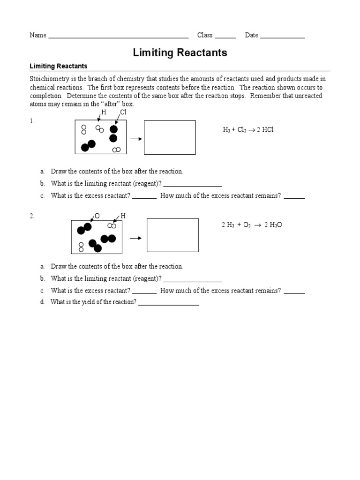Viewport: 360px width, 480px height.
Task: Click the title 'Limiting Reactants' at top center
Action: pos(180,52)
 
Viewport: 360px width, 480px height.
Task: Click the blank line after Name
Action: pos(118,37)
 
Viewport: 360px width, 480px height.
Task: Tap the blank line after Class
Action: pos(225,37)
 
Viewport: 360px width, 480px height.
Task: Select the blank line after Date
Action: pos(282,37)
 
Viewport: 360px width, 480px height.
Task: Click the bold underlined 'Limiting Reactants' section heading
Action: pos(59,66)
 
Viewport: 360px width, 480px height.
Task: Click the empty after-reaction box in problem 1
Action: pos(170,137)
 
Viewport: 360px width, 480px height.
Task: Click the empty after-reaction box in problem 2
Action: pos(172,235)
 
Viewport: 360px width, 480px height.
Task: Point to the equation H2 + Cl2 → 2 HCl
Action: pos(248,129)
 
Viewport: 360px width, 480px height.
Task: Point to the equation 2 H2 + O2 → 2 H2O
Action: pos(252,225)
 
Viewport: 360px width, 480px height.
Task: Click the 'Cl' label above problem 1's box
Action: pos(123,112)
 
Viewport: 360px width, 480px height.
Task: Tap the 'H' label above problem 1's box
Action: pos(104,112)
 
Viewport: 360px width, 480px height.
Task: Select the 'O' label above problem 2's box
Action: pos(97,216)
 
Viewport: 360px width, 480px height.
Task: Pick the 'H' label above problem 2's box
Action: pos(123,216)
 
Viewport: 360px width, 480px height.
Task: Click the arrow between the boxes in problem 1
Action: pos(136,139)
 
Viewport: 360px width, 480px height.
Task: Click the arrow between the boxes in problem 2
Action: pos(135,238)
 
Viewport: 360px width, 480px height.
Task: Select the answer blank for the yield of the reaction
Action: pos(168,304)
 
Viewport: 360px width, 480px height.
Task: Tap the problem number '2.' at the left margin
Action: pos(32,216)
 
